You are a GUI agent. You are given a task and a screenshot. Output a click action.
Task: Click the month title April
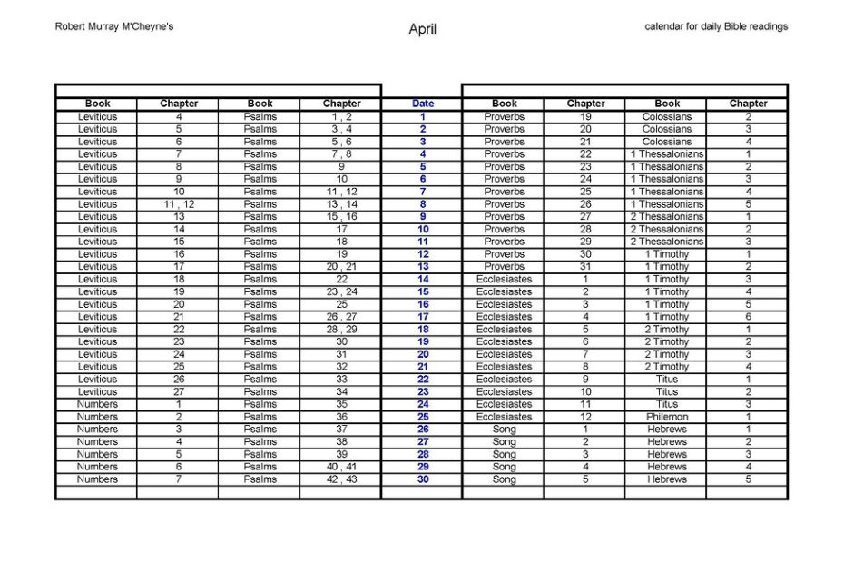pyautogui.click(x=422, y=29)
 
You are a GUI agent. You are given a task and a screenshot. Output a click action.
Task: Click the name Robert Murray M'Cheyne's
pyautogui.click(x=114, y=26)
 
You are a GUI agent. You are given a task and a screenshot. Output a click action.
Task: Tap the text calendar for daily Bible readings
pyautogui.click(x=716, y=26)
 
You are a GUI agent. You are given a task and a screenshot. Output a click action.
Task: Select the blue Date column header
pyautogui.click(x=422, y=104)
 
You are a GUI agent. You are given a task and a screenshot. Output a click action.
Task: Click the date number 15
pyautogui.click(x=423, y=292)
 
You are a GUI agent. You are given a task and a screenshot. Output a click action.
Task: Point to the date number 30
pyautogui.click(x=423, y=479)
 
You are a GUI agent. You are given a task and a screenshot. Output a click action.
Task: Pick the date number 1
pyautogui.click(x=423, y=117)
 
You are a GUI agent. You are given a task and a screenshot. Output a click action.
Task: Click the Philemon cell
pyautogui.click(x=667, y=417)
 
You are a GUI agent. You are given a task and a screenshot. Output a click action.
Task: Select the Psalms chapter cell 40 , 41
pyautogui.click(x=341, y=467)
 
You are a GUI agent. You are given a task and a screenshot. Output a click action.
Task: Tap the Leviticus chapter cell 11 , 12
pyautogui.click(x=179, y=204)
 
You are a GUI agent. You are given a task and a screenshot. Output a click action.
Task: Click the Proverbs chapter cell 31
pyautogui.click(x=585, y=267)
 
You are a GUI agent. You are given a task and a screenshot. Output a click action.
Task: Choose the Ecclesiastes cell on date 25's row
pyautogui.click(x=504, y=417)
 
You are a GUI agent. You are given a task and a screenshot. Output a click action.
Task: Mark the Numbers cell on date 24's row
pyautogui.click(x=97, y=404)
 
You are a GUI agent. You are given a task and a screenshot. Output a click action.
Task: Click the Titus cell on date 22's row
pyautogui.click(x=667, y=380)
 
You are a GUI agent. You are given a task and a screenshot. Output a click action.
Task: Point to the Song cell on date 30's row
pyautogui.click(x=504, y=479)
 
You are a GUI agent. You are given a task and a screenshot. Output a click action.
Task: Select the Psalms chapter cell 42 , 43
pyautogui.click(x=341, y=479)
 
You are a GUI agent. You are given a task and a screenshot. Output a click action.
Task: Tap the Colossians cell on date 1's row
pyautogui.click(x=667, y=117)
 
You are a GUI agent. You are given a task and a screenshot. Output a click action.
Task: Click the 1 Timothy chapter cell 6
pyautogui.click(x=748, y=317)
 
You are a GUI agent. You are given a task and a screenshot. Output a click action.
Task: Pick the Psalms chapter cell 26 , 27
pyautogui.click(x=341, y=317)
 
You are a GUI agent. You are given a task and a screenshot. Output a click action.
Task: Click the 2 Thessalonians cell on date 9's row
pyautogui.click(x=667, y=217)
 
